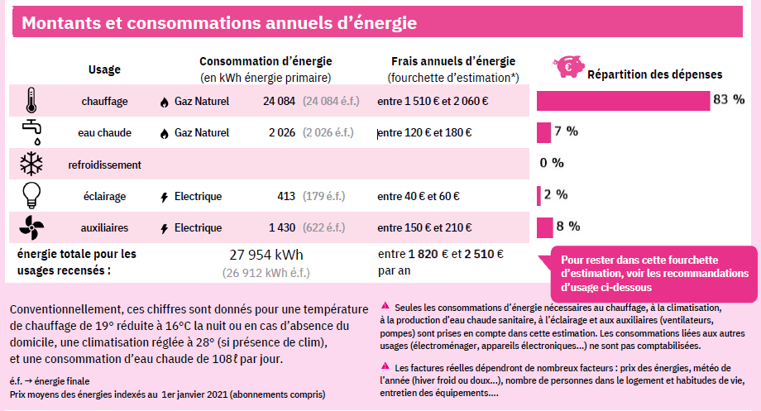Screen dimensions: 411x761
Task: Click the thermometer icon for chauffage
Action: (x=31, y=101)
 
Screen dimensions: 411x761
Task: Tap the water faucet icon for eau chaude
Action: (x=31, y=131)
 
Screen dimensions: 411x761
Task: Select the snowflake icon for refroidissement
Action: (x=31, y=164)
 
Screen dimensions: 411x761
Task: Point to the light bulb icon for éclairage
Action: (x=31, y=195)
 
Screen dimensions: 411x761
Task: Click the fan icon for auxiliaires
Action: (x=31, y=227)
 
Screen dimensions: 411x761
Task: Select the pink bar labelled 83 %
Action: (x=623, y=100)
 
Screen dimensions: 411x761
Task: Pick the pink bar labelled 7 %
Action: (x=543, y=131)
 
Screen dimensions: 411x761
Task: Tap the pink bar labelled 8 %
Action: (x=544, y=227)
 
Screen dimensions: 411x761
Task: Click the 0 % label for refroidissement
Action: (x=552, y=163)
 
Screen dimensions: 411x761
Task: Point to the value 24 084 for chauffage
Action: (x=279, y=102)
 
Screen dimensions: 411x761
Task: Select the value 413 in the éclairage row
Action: (x=286, y=196)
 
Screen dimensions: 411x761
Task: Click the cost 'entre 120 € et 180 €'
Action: (x=424, y=132)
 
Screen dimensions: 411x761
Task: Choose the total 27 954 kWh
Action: (x=266, y=255)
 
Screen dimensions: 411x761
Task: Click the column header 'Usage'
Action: (x=104, y=69)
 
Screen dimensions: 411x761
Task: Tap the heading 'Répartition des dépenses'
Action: (x=643, y=74)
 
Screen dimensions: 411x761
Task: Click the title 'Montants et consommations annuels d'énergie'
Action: (x=219, y=22)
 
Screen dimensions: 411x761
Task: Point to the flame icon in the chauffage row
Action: (x=163, y=102)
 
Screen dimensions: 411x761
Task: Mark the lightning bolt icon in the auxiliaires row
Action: (x=163, y=228)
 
